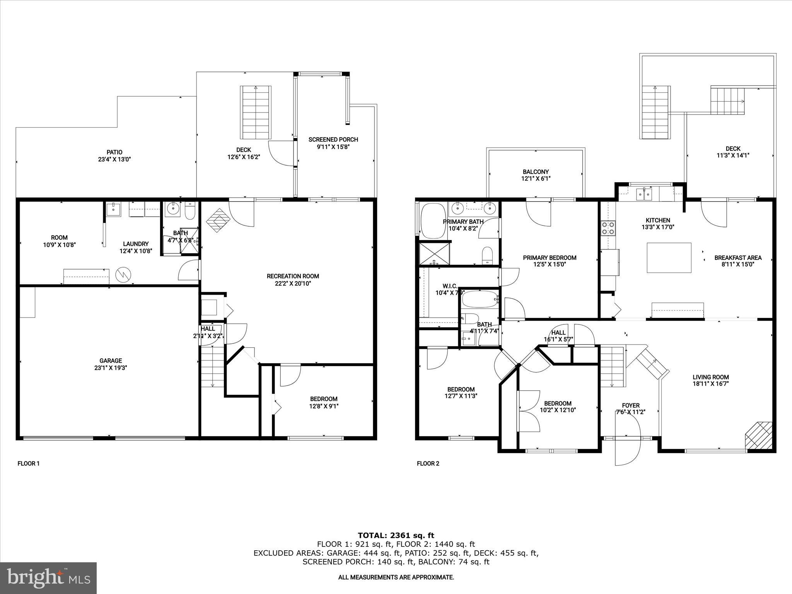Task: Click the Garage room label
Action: pos(111,360)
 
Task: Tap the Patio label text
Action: pos(114,152)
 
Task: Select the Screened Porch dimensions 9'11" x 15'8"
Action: pos(333,147)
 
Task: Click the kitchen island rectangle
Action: pos(669,258)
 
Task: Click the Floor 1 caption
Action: pos(29,463)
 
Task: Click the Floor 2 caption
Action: pos(428,463)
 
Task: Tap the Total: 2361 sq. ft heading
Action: pos(396,535)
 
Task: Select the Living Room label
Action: pos(710,377)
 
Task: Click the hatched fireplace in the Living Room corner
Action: pos(759,435)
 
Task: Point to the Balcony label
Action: pos(536,172)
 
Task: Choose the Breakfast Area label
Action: pos(738,258)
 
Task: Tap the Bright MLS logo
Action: pos(48,578)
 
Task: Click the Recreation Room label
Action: pos(293,276)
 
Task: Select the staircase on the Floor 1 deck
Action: pos(256,113)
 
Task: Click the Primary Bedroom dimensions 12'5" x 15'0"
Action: pos(550,265)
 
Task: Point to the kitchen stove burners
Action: pos(608,228)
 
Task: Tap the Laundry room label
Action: pos(136,244)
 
